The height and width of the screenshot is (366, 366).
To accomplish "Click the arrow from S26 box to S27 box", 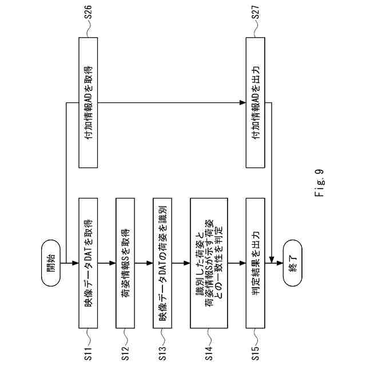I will pos(172,103).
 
